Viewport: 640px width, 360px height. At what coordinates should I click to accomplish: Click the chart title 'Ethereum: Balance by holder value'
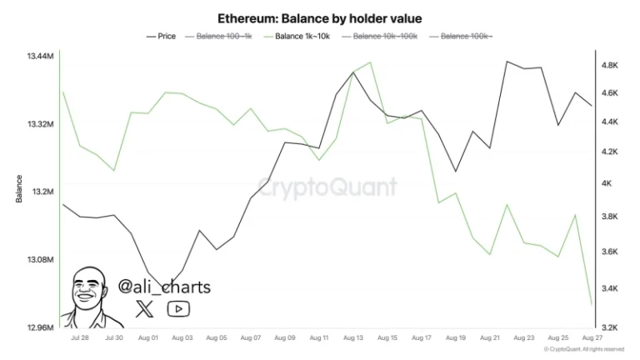pos(320,17)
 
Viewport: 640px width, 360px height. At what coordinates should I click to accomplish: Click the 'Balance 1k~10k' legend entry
pos(302,36)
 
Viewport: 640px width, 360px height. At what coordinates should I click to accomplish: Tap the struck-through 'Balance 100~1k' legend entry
pos(221,36)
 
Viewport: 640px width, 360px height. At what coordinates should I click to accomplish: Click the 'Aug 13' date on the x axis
pos(352,337)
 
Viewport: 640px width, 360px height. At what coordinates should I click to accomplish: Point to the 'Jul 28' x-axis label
pos(80,337)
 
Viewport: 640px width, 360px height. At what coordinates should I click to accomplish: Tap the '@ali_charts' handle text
pos(164,287)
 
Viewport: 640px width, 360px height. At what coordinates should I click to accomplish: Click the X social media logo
pos(145,309)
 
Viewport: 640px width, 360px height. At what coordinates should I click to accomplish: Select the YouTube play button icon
pos(178,309)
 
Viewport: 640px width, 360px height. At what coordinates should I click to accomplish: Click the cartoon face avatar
pos(90,296)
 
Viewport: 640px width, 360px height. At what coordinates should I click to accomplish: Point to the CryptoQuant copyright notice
pos(583,349)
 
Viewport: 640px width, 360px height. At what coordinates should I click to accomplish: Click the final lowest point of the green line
pos(592,305)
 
